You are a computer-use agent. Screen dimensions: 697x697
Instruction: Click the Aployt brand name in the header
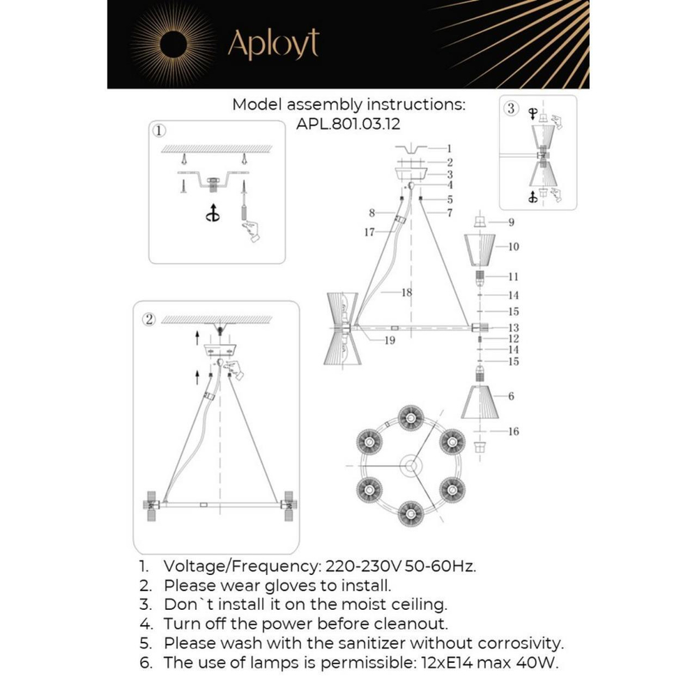(273, 45)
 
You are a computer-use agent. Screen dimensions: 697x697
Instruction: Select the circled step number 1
(159, 130)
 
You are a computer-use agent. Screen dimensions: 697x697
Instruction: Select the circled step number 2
(148, 320)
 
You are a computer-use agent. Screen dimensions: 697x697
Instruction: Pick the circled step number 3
(512, 108)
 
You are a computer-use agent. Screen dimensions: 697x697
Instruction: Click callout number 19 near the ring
(389, 340)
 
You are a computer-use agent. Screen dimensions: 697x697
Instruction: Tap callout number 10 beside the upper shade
(513, 247)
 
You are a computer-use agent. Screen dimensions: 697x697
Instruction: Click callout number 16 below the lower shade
(513, 432)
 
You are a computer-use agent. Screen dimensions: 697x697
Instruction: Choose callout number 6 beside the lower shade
(511, 396)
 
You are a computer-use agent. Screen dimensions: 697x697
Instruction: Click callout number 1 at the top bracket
(449, 148)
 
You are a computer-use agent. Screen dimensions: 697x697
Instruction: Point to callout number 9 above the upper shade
(511, 223)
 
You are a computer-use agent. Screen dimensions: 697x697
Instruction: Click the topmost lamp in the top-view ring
(410, 418)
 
